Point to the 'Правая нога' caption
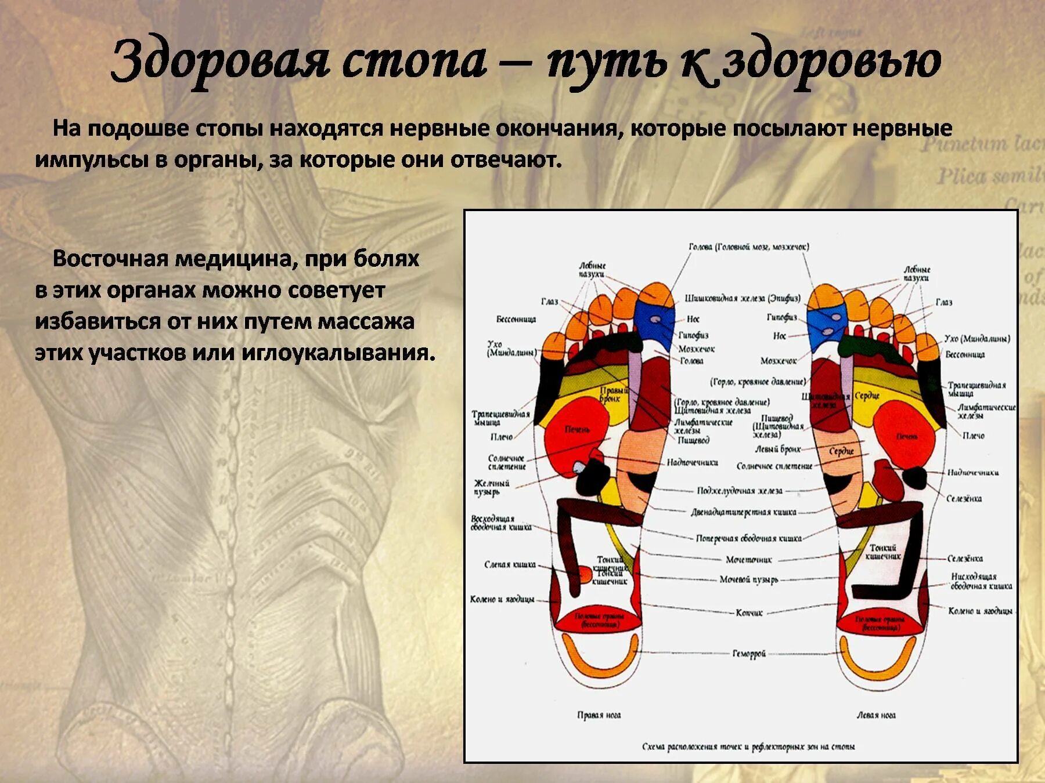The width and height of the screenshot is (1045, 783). pos(599,715)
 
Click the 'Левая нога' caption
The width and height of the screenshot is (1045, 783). pos(875,715)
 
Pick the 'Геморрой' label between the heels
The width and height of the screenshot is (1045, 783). pos(749,654)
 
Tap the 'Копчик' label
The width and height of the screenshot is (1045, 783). pos(749,612)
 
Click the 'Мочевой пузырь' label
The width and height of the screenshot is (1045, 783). pos(749,579)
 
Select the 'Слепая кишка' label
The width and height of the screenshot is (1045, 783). pos(510,564)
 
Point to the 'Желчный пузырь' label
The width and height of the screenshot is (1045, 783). pos(491,487)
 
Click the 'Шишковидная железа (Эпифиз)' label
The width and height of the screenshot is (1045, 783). pos(743,298)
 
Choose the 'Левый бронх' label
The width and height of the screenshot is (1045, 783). pos(777,449)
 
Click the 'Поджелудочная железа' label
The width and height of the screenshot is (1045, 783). pos(740,491)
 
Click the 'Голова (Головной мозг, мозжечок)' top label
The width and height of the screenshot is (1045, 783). pos(749,247)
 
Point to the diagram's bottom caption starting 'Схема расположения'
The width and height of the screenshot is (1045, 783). pos(748,746)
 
